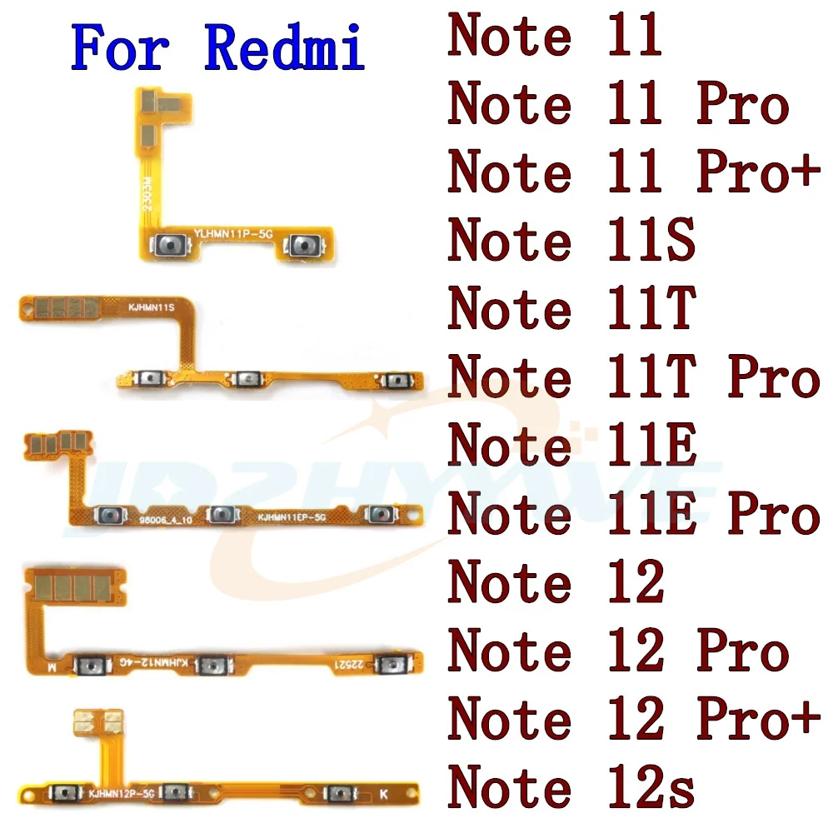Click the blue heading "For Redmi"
(218, 48)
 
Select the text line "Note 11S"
(571, 242)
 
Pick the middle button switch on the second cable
(247, 380)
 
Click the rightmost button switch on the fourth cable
(388, 664)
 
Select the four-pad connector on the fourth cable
(71, 587)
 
